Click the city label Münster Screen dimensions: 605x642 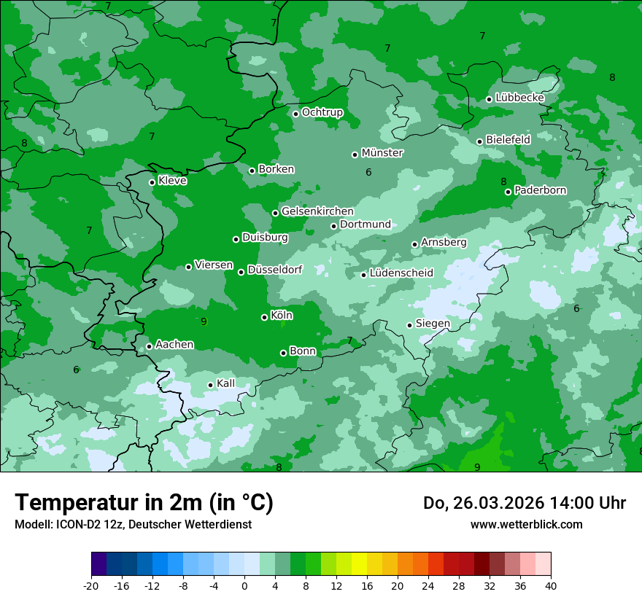pos(382,153)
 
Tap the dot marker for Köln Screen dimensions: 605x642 pos(264,317)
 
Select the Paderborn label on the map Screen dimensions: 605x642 pos(541,190)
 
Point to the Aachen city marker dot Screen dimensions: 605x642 pos(149,346)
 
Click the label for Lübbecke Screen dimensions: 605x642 pos(520,98)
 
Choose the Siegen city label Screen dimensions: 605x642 pos(433,324)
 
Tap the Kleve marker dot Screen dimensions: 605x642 pos(152,182)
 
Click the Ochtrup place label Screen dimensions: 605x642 pos(322,112)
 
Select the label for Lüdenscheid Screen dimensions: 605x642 pos(401,273)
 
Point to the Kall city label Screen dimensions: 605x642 pos(226,383)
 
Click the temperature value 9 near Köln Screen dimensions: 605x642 pos(204,321)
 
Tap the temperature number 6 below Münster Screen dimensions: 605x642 pos(368,173)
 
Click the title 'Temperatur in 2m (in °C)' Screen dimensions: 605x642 pos(144,503)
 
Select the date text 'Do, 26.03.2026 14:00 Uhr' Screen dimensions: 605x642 pos(525,503)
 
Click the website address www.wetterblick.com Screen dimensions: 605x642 pos(526,524)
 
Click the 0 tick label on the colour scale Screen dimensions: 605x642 pos(244,585)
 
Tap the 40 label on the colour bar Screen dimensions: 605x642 pos(550,585)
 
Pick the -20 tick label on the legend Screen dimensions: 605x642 pos(91,585)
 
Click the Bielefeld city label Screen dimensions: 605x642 pos(508,139)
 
